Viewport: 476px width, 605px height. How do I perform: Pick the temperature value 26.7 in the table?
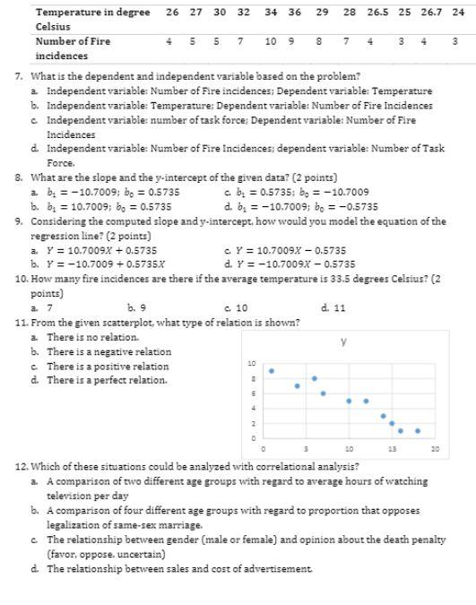click(431, 13)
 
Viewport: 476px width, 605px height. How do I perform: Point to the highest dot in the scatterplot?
click(272, 370)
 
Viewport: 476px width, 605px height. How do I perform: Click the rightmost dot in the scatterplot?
click(418, 430)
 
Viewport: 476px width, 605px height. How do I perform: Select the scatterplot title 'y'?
click(344, 341)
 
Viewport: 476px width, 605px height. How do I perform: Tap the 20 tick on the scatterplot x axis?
click(435, 447)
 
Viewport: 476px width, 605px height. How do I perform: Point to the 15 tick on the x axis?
click(392, 447)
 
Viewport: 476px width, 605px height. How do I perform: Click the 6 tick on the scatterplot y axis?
click(253, 393)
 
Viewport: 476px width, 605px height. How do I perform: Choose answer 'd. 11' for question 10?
click(333, 307)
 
